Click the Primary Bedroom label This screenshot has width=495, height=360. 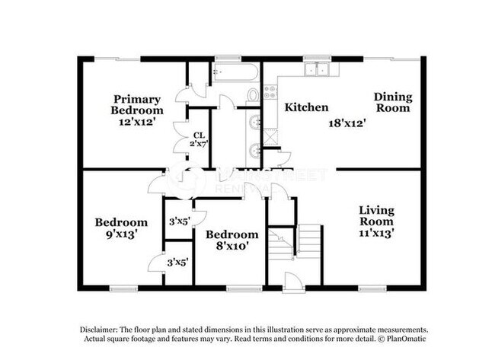click(x=138, y=104)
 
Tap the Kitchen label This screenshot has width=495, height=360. click(x=306, y=107)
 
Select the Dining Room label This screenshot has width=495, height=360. click(x=392, y=102)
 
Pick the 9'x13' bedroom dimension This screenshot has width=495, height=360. click(x=121, y=235)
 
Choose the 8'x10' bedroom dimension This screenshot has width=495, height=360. click(x=233, y=246)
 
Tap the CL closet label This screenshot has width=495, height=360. click(x=198, y=136)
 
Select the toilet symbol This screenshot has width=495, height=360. click(x=253, y=96)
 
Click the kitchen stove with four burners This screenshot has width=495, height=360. click(x=271, y=92)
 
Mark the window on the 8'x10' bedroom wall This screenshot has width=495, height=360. click(x=244, y=288)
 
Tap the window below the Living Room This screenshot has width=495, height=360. click(x=372, y=288)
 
